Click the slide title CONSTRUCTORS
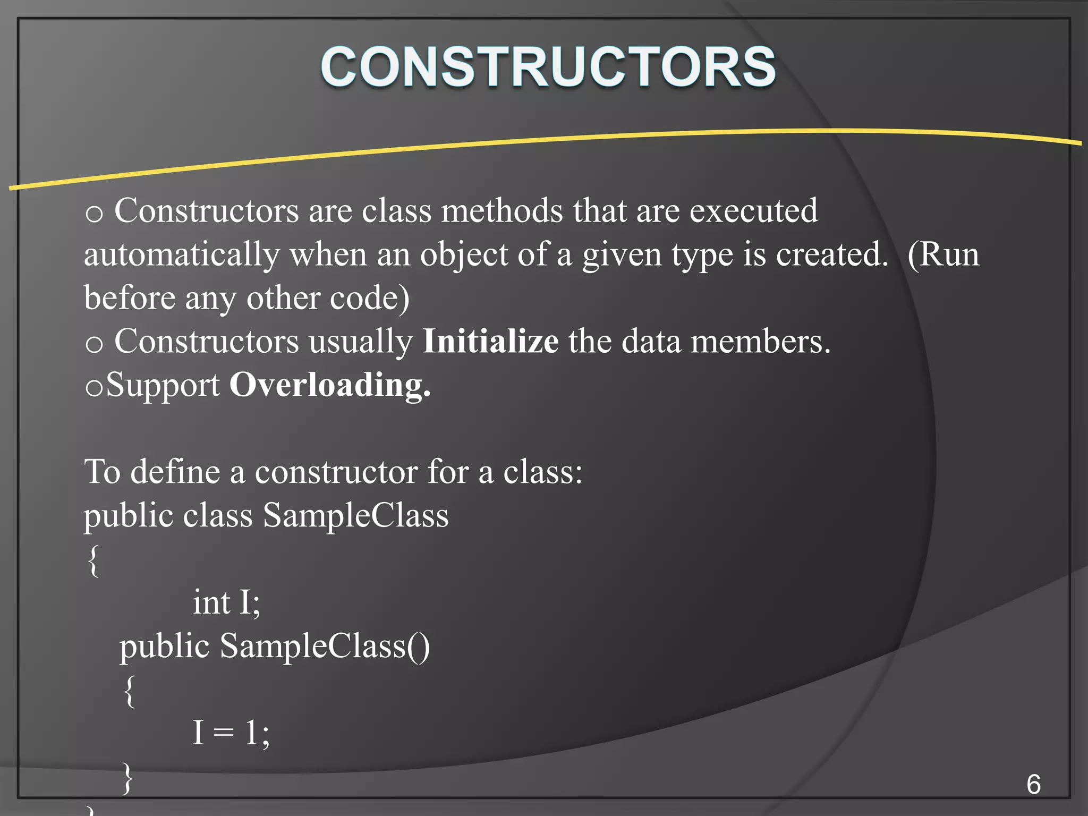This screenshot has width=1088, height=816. pos(548,67)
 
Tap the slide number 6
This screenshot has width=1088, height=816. pos(1033,785)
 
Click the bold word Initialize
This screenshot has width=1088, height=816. pos(490,342)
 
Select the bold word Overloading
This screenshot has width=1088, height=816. pos(329,385)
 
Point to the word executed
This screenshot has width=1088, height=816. pos(753,211)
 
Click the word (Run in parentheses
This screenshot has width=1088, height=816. pos(943,255)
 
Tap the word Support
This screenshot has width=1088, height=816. pos(163,386)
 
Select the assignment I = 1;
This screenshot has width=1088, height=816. pos(231,733)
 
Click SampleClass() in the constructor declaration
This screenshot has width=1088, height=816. pos(325,647)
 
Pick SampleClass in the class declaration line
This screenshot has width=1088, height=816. pos(355,516)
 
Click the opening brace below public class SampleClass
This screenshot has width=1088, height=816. pos(93,560)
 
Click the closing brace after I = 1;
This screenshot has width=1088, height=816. pos(127,778)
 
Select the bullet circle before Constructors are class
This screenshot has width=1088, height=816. pos(94,214)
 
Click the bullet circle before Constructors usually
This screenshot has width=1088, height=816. pos(94,345)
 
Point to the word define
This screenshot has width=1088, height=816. pos(175,472)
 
